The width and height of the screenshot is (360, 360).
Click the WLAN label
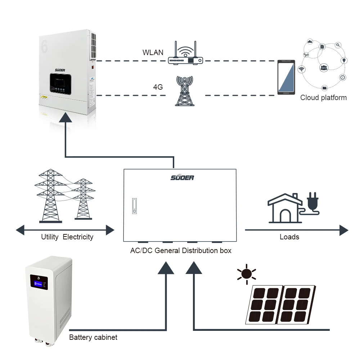(153, 53)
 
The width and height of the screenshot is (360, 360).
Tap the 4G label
(158, 87)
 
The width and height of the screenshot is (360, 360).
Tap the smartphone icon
(286, 77)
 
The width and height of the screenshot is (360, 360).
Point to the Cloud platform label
(323, 98)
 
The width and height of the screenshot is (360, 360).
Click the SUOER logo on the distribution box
(182, 177)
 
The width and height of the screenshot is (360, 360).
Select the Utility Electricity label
(67, 237)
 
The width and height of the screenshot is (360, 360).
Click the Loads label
(289, 237)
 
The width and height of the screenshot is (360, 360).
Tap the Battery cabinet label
(93, 338)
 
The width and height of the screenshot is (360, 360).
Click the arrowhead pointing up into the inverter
(66, 117)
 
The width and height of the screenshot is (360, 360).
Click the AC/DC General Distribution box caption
(181, 251)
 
